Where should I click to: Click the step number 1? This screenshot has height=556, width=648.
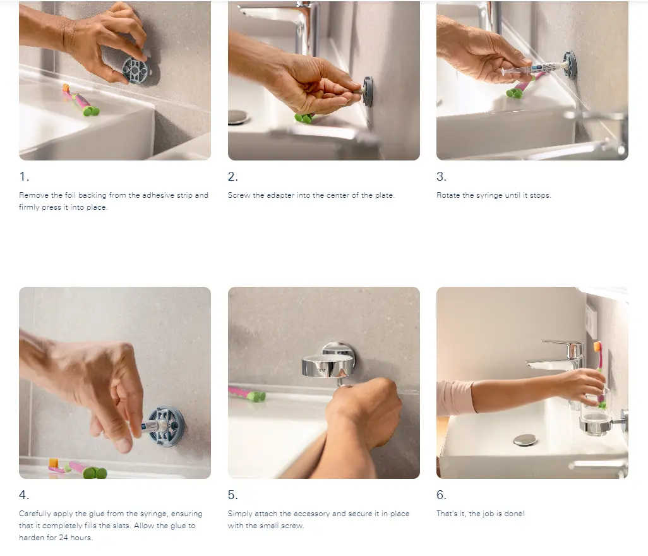pos(24,176)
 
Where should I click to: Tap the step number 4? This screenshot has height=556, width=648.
pos(24,495)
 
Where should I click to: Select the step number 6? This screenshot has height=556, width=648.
pos(441,495)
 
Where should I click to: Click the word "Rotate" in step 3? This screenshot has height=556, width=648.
pos(448,195)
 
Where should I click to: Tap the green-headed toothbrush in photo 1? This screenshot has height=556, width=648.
pos(80,100)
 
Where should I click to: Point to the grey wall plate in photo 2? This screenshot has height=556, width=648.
pos(368,92)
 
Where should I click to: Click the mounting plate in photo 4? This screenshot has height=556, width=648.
pos(166,426)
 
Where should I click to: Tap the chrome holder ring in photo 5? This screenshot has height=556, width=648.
pos(328,366)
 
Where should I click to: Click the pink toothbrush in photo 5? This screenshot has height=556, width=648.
pos(247,394)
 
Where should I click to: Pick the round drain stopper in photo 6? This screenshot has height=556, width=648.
pos(525,440)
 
